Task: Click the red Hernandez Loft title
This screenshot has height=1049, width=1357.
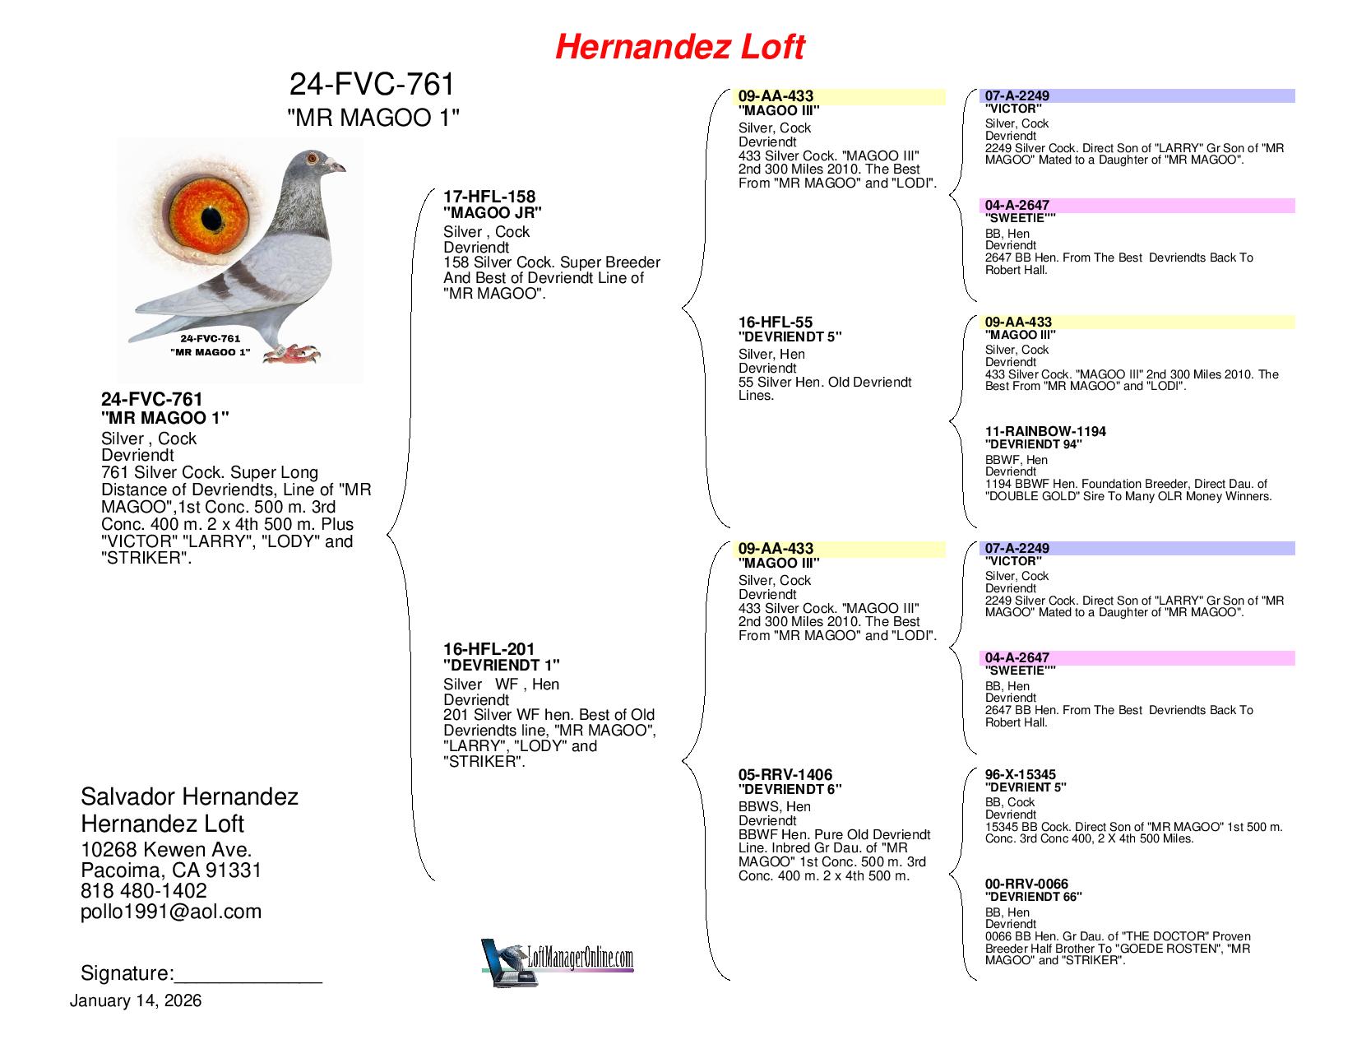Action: click(x=679, y=48)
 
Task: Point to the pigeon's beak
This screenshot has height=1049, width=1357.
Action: click(x=337, y=168)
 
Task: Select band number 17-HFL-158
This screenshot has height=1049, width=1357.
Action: click(x=489, y=197)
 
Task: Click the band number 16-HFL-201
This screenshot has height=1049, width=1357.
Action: click(x=489, y=649)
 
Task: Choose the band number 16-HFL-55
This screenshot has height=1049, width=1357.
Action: click(x=776, y=323)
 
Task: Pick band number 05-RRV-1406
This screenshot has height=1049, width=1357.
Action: click(x=785, y=775)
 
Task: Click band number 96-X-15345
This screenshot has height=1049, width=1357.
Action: click(x=1021, y=774)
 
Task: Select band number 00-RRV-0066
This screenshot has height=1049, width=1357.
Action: click(x=1026, y=884)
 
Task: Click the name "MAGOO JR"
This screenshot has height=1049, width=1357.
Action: click(x=493, y=212)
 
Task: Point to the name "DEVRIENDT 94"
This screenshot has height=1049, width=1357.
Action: click(x=1033, y=444)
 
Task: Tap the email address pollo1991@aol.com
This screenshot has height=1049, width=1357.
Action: click(x=171, y=912)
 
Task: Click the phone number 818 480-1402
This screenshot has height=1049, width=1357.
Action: click(x=144, y=891)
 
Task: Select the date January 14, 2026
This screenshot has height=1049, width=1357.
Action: click(x=136, y=1001)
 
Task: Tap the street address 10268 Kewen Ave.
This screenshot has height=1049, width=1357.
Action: click(x=166, y=850)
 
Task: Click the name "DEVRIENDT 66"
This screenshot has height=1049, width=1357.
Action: click(x=1033, y=897)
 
